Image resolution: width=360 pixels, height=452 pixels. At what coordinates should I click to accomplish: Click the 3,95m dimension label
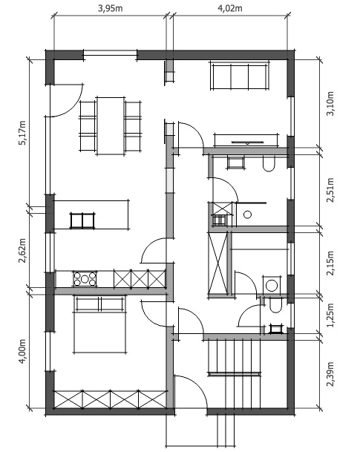111,8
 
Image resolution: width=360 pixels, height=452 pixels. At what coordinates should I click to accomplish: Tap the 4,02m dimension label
229,8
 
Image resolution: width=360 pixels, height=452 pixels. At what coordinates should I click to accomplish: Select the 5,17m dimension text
22,133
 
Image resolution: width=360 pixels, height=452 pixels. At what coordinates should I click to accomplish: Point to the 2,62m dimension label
22,251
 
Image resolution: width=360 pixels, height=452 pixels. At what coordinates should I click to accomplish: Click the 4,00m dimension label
22,351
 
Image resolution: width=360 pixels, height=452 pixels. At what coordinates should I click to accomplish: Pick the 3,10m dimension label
330,103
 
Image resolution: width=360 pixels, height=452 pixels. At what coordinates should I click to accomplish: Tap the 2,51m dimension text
330,190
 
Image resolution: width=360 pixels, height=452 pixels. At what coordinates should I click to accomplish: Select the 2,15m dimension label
330,263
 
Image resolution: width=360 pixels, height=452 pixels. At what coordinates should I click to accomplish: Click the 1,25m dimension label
330,315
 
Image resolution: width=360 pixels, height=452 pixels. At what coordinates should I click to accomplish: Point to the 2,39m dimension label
330,374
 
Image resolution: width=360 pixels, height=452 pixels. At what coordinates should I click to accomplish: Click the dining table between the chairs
111,126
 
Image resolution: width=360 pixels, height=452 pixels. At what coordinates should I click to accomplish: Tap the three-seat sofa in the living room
240,76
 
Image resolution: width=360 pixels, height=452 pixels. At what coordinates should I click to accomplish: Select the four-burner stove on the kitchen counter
85,279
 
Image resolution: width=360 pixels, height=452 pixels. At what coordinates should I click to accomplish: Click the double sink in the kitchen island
82,220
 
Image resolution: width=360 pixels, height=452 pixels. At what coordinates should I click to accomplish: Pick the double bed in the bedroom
100,324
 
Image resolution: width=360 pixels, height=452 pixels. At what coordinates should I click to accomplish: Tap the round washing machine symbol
271,286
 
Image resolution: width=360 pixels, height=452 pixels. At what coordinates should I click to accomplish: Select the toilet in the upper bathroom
269,164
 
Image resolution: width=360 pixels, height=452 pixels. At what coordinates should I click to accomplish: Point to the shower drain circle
247,214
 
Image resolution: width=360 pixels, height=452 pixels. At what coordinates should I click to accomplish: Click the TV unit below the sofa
246,140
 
